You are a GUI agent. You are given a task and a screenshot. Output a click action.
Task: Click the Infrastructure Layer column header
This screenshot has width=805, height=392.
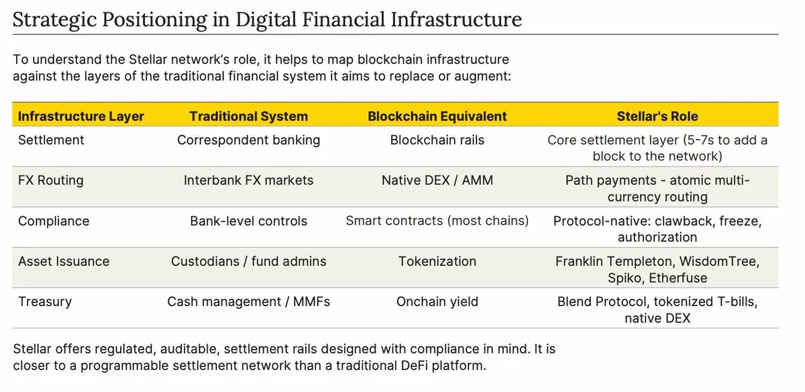pos(81,116)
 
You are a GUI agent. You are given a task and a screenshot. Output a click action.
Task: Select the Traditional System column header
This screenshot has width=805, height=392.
pos(248,116)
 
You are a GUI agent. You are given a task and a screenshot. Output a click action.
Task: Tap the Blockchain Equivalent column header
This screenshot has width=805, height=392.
pos(437,116)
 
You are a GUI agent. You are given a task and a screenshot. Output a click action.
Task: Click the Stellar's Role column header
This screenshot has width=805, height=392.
pos(657,116)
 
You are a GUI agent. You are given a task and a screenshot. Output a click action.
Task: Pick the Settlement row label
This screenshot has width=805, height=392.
pos(51,140)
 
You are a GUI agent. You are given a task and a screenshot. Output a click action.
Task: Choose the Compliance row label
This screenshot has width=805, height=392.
pos(54,221)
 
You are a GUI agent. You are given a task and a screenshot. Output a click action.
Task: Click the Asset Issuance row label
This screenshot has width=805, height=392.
pos(64,261)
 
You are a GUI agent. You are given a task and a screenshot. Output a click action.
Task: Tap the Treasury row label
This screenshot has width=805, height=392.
pos(45,301)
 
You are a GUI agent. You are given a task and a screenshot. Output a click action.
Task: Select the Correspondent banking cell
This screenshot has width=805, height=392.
pos(248,140)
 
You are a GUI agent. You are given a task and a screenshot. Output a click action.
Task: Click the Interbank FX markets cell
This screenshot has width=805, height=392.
pos(248,181)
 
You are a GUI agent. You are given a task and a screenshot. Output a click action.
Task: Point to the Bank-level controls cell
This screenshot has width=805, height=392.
pos(248,221)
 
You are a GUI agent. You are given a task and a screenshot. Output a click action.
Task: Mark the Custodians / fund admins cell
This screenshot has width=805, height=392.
pos(248,261)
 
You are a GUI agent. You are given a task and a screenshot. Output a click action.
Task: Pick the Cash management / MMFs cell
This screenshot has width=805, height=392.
pos(248,301)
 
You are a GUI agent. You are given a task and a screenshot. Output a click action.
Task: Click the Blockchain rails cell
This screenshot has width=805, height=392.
pos(437,140)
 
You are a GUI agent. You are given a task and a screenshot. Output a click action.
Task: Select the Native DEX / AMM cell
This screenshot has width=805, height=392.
pos(437,181)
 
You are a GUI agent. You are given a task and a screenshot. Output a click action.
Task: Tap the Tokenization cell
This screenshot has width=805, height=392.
pos(437,261)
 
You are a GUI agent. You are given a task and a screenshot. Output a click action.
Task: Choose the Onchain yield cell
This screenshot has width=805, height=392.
pos(437,301)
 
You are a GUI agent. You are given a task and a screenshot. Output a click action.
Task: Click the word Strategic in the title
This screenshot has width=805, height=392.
pos(54,20)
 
